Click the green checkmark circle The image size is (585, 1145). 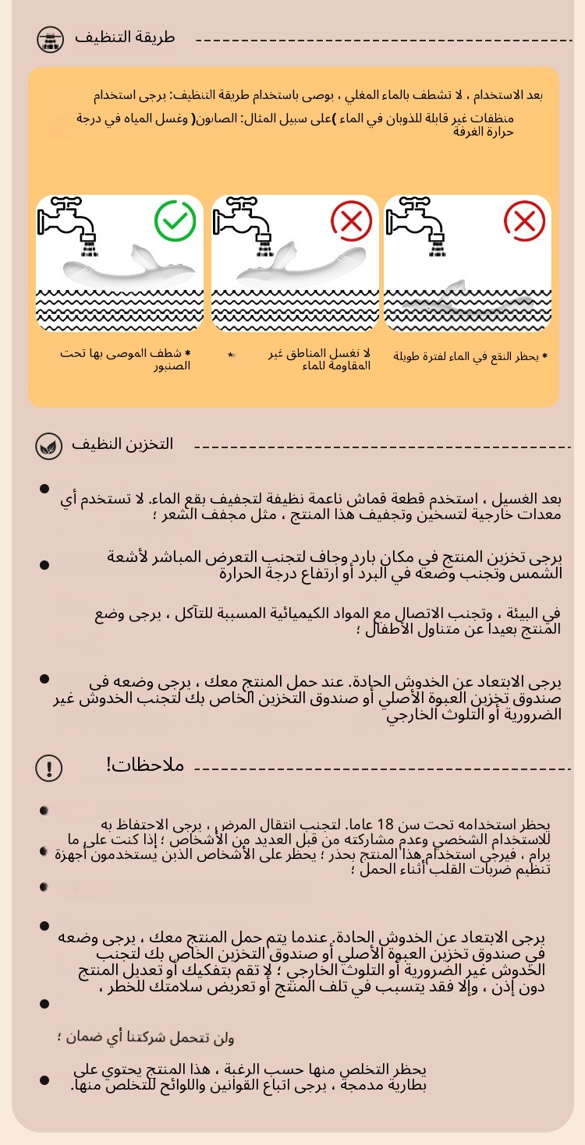click(175, 221)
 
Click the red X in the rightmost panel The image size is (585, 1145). click(524, 221)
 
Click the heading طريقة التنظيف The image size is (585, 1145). click(125, 37)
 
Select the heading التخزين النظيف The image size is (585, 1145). click(122, 444)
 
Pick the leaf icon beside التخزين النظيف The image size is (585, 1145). click(49, 447)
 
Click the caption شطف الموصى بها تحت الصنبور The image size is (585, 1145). click(126, 359)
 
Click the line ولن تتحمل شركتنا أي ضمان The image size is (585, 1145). click(146, 1037)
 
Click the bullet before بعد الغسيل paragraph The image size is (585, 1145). click(44, 489)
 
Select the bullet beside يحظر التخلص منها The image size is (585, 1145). click(44, 1080)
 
